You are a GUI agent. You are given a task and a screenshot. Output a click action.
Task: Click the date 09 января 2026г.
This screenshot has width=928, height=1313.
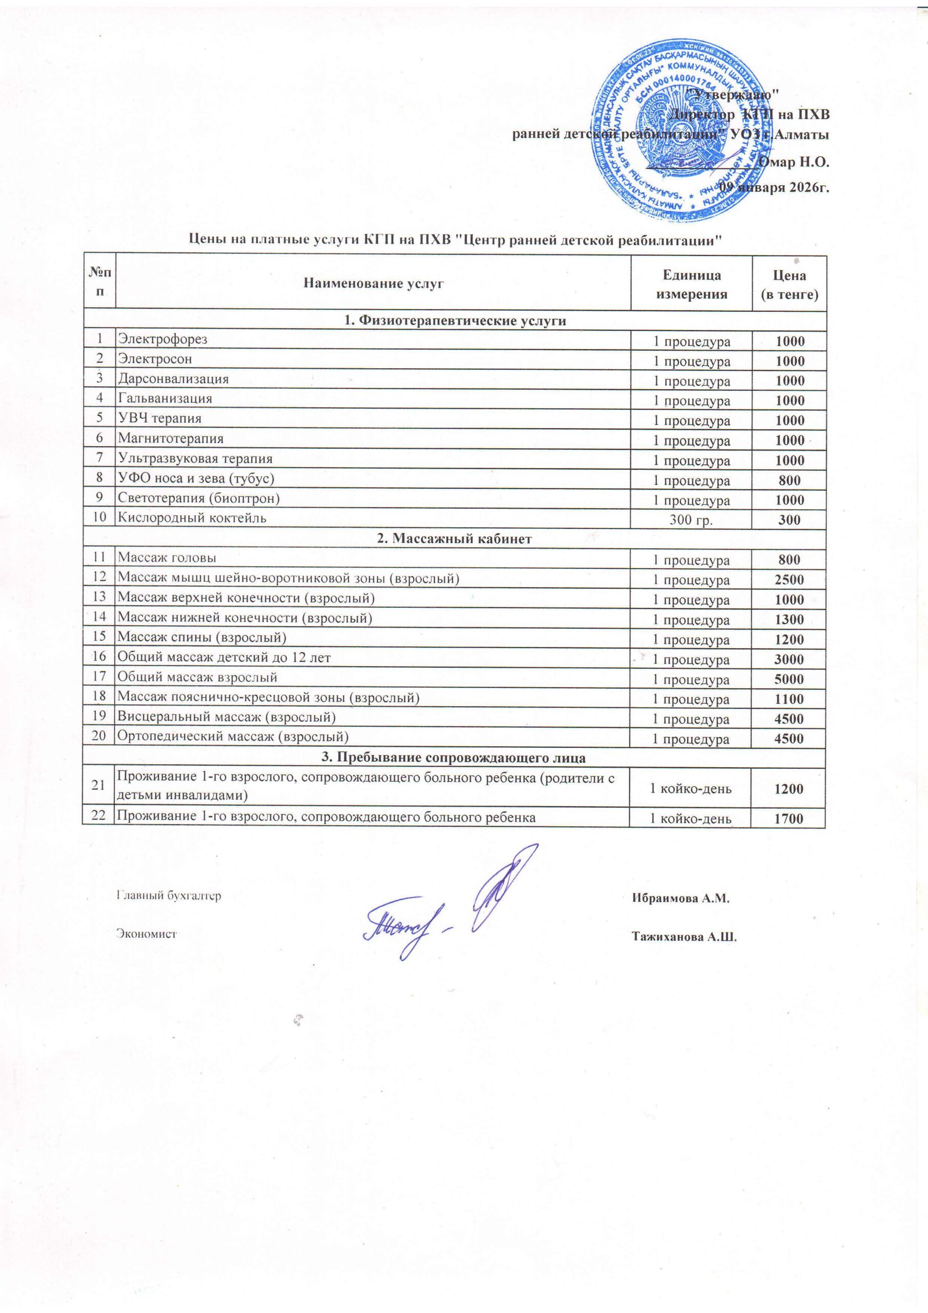pos(774,187)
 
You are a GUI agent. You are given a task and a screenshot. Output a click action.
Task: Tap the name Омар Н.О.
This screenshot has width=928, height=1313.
pos(793,162)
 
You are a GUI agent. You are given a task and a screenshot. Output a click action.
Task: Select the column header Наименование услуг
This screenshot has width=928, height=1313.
pos(373,283)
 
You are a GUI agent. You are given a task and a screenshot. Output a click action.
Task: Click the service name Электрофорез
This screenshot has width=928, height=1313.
pos(163,339)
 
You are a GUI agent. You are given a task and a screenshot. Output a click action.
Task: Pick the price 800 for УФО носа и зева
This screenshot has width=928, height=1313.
pos(789,481)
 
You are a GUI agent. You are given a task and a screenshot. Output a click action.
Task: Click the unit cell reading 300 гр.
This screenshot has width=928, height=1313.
pos(691,520)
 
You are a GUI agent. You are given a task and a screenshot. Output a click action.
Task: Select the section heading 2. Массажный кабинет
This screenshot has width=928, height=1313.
pos(455,539)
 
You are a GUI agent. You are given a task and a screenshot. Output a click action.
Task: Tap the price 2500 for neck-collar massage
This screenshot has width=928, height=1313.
pos(789,580)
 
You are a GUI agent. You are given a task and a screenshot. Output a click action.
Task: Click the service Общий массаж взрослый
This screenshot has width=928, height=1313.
pos(197,677)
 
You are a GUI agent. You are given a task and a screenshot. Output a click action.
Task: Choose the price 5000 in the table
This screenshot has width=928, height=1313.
pos(789,680)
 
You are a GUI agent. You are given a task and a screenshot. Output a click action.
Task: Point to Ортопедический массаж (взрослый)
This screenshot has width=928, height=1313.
pos(233,737)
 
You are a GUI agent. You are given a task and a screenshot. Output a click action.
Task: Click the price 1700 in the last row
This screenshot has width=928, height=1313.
pos(789,819)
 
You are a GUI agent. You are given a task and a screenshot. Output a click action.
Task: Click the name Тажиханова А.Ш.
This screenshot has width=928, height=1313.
pos(684,937)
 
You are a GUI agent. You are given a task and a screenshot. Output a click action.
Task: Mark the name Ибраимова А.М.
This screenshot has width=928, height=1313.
pos(681,899)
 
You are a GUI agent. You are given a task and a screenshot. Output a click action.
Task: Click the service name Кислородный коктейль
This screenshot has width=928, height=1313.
pos(192,518)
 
